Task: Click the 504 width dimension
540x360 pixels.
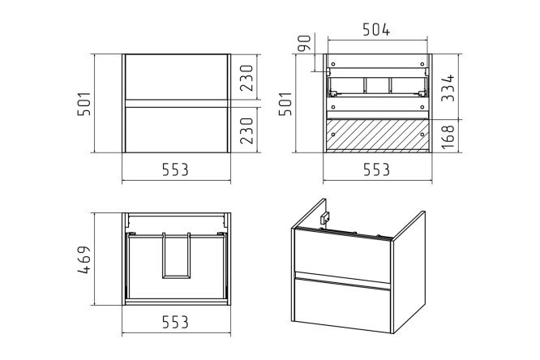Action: (376, 30)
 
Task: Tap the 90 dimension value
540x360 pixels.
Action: (304, 43)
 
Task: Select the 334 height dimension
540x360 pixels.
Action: (448, 88)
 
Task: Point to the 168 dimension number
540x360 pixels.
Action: (448, 137)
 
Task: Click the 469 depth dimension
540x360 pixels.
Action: (84, 259)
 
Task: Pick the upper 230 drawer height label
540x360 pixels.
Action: (246, 78)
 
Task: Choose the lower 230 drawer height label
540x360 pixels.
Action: (246, 131)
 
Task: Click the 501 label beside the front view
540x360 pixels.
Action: (84, 103)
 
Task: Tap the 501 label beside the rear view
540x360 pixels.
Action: (285, 103)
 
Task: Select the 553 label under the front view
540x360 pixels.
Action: (175, 169)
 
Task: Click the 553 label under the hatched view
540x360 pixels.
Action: (377, 169)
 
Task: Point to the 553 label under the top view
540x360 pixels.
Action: (175, 323)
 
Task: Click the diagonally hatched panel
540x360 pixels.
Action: (378, 135)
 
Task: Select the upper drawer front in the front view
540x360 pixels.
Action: (176, 77)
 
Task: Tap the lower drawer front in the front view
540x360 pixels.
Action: (176, 130)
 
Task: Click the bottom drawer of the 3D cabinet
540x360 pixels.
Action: (342, 305)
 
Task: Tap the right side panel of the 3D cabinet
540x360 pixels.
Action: (409, 272)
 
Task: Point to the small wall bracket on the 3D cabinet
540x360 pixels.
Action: (325, 217)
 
